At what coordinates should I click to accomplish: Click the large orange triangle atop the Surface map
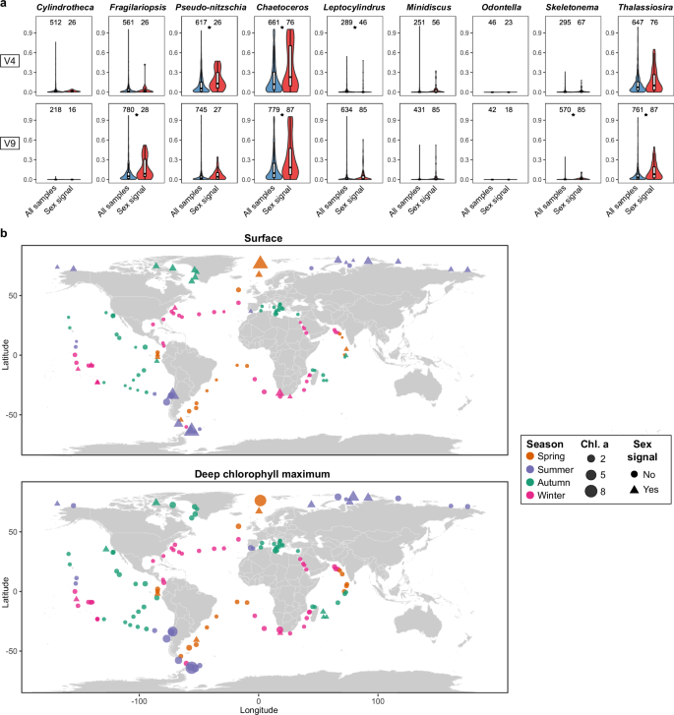point(260,262)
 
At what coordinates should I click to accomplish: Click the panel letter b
point(5,233)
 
